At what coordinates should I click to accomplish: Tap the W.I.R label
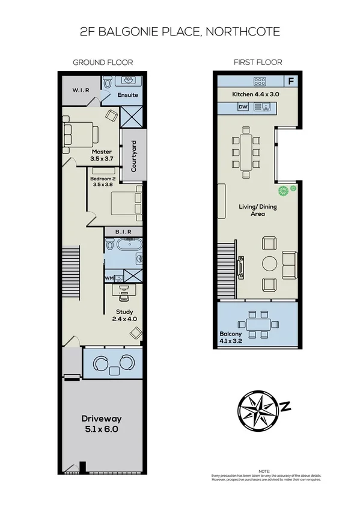81,91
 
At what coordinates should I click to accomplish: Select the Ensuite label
127,95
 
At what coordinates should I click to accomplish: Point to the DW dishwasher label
243,107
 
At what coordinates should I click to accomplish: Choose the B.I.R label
123,231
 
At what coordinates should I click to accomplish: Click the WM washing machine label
109,278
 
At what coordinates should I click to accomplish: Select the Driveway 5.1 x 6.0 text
102,425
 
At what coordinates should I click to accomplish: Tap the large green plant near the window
282,191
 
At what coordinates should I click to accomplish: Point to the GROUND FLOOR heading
103,63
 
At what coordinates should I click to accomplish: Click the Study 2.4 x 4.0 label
124,315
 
